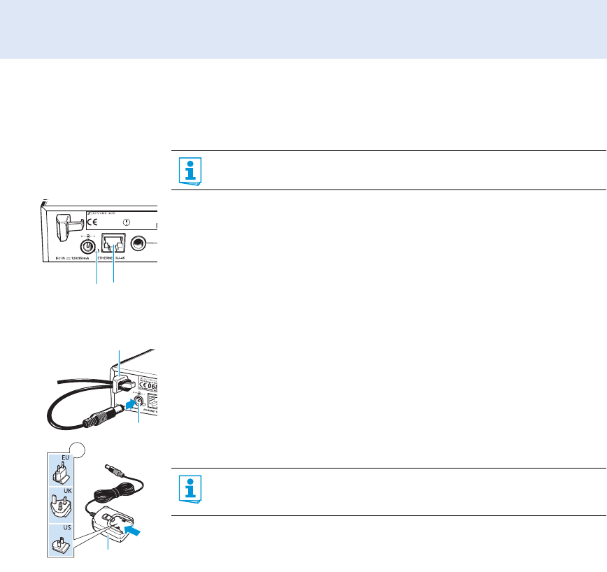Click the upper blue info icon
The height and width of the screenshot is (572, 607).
tap(188, 170)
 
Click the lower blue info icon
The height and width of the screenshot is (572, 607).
tap(188, 488)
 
